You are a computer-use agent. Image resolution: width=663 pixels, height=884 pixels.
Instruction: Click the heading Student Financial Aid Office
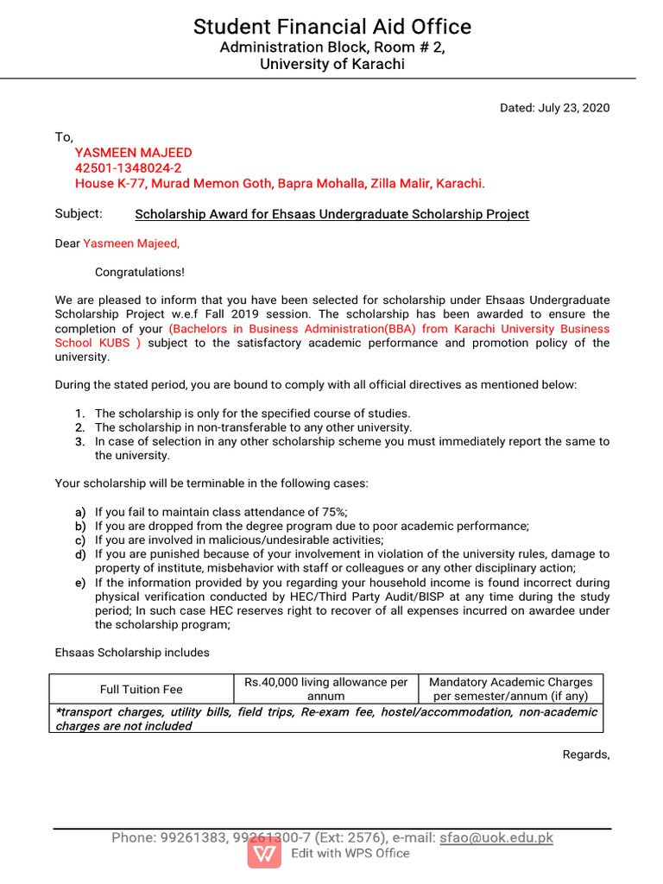[x=331, y=27]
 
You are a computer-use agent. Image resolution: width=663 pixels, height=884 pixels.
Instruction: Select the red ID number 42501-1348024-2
[x=128, y=168]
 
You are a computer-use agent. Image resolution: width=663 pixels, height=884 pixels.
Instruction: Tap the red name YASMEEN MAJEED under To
[x=133, y=153]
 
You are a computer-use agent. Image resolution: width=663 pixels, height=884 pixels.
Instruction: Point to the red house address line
[x=280, y=184]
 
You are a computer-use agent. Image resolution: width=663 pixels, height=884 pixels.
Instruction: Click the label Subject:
[x=79, y=213]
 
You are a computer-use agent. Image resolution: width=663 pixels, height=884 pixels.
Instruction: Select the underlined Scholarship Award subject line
[x=332, y=214]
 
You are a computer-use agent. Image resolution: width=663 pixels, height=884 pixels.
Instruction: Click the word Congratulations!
[x=139, y=272]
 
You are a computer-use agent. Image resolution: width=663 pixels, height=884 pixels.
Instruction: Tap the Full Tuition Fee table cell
[x=142, y=689]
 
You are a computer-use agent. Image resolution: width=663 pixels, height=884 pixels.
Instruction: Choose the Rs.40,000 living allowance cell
[x=325, y=689]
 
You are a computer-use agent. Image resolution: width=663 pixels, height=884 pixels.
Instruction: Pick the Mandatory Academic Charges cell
[x=510, y=689]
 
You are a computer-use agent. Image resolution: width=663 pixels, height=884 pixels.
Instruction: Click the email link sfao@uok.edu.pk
[x=496, y=837]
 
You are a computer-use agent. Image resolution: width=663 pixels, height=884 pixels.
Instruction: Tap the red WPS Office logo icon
[x=264, y=852]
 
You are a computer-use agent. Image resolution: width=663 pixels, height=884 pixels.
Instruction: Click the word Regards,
[x=585, y=755]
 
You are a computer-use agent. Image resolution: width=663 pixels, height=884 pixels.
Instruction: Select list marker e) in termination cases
[x=79, y=583]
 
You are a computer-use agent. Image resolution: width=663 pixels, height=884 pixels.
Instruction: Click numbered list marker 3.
[x=79, y=441]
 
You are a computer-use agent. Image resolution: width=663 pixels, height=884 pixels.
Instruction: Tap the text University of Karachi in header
[x=331, y=65]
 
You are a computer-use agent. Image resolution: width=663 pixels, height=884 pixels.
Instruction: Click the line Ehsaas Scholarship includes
[x=132, y=653]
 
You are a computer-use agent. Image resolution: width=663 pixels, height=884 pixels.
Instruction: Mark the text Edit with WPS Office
[x=350, y=853]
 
